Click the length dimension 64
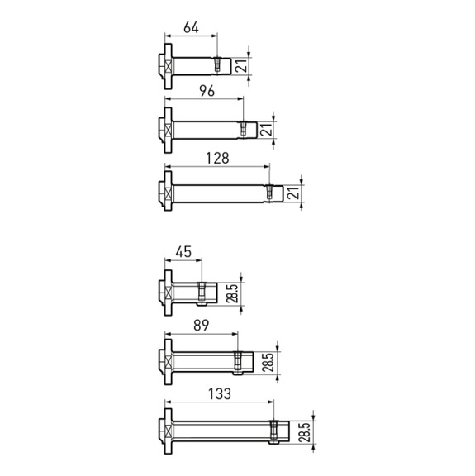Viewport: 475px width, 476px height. click(x=191, y=27)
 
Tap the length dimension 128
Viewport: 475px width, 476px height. click(x=217, y=156)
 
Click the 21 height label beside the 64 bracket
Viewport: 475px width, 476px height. click(x=240, y=65)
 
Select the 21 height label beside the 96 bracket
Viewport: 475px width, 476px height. click(x=265, y=130)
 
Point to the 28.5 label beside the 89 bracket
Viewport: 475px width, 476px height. click(x=268, y=363)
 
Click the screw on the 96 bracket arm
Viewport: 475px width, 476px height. click(x=243, y=129)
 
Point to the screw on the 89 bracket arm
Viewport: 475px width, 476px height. click(x=238, y=361)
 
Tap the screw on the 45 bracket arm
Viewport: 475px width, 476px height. click(x=201, y=291)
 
